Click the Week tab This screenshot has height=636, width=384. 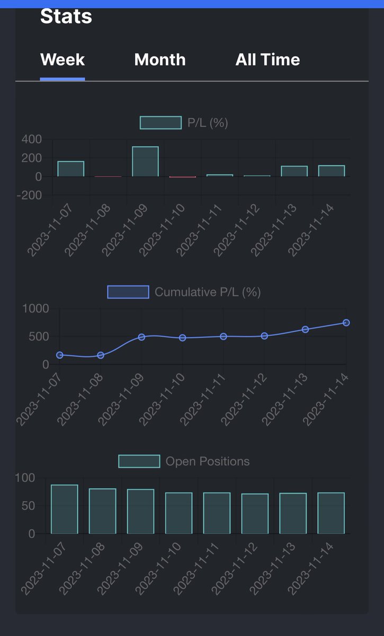pyautogui.click(x=62, y=59)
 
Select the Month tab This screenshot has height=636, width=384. pyautogui.click(x=160, y=59)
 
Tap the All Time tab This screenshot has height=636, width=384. pyautogui.click(x=267, y=59)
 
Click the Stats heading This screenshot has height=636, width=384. pyautogui.click(x=66, y=16)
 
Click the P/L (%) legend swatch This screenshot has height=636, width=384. pyautogui.click(x=160, y=123)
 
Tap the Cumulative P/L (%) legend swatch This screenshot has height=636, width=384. pyautogui.click(x=128, y=292)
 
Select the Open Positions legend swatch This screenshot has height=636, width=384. pyautogui.click(x=139, y=461)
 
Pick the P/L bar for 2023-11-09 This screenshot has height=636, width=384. pyautogui.click(x=145, y=162)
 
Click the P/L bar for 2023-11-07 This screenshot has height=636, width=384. pyautogui.click(x=71, y=169)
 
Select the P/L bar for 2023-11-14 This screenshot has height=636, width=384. pyautogui.click(x=332, y=171)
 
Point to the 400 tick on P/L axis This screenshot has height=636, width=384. pyautogui.click(x=31, y=139)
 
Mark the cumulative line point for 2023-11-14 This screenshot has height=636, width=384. pyautogui.click(x=346, y=322)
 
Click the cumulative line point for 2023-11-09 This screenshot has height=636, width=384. pyautogui.click(x=141, y=337)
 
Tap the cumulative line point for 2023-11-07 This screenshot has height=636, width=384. pyautogui.click(x=60, y=355)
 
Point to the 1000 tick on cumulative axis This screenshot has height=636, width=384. pyautogui.click(x=35, y=308)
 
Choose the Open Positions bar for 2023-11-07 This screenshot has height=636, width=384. pyautogui.click(x=65, y=509)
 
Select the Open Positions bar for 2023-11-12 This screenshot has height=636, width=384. pyautogui.click(x=255, y=514)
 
